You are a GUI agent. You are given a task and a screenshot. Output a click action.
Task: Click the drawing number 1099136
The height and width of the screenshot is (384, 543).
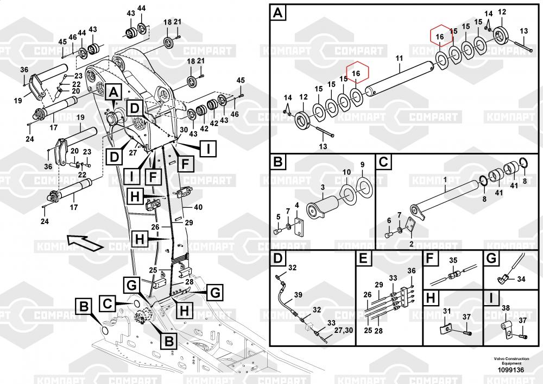[x=509, y=370]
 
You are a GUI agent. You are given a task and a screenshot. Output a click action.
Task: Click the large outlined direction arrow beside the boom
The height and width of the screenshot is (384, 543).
[x=84, y=240]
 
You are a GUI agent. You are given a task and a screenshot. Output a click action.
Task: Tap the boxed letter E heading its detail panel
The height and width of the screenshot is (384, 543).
[x=363, y=259]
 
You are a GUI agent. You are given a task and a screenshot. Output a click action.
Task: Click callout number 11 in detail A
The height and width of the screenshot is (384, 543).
[x=399, y=58]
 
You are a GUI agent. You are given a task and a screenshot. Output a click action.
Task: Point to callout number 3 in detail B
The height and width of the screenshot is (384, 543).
[x=322, y=187]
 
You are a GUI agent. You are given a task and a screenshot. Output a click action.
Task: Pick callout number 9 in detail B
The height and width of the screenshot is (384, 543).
[x=363, y=165]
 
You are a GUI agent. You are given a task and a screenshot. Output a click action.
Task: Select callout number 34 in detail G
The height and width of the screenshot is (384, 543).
[x=521, y=279]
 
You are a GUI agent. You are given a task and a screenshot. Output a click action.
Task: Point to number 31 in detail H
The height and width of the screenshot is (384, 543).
[x=447, y=311]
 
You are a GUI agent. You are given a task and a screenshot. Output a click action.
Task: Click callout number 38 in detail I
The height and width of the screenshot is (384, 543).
[x=506, y=308]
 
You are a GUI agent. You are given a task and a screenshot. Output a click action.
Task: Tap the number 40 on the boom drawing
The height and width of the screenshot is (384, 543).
[x=198, y=207]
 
